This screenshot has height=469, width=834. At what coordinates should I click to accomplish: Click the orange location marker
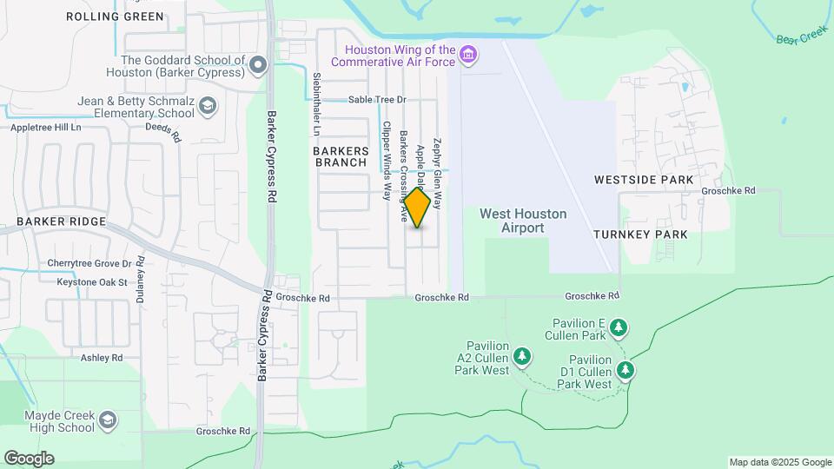click(x=418, y=208)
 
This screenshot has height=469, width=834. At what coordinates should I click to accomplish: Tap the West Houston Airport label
click(x=523, y=221)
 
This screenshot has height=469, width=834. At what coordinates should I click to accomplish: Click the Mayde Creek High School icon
click(x=108, y=421)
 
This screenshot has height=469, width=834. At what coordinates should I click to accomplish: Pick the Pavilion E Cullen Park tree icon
click(x=618, y=328)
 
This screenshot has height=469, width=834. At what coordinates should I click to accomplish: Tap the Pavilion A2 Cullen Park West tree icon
click(x=521, y=356)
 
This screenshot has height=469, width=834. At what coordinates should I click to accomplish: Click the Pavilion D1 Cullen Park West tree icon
click(x=625, y=371)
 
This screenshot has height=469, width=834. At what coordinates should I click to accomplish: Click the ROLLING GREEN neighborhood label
click(x=115, y=17)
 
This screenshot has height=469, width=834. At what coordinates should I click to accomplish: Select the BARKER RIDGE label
click(x=61, y=221)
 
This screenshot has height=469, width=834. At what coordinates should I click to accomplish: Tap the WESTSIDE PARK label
click(x=644, y=180)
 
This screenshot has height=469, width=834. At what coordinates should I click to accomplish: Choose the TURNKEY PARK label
click(x=640, y=234)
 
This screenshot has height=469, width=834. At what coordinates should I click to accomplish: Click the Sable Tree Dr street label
click(x=377, y=100)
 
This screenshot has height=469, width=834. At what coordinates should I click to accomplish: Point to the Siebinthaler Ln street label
click(x=316, y=103)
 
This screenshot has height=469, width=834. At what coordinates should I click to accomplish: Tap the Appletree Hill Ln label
click(x=45, y=127)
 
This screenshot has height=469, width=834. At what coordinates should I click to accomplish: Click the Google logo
click(x=29, y=459)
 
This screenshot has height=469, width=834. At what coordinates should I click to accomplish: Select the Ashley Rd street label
click(x=102, y=357)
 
